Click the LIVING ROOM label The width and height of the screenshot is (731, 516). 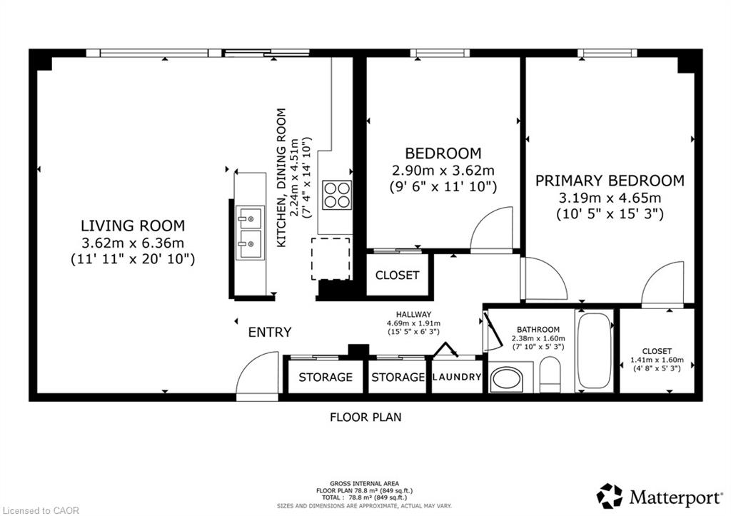[133, 226]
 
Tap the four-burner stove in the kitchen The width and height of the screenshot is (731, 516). [337, 194]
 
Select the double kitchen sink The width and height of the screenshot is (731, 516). [250, 232]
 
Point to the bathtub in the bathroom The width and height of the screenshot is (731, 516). [594, 351]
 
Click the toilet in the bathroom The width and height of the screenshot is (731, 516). [550, 375]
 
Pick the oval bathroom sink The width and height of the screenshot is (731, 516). [508, 379]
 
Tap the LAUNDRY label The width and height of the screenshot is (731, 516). [457, 377]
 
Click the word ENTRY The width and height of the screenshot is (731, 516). [270, 332]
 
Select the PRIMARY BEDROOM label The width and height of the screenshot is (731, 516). [610, 181]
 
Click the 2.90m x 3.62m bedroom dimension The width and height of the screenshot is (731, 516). [443, 170]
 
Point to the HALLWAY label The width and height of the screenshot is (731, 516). [413, 314]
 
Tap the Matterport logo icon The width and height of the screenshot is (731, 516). [610, 496]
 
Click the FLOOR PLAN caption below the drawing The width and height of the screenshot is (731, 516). [365, 417]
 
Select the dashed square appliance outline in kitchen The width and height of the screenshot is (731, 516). [331, 258]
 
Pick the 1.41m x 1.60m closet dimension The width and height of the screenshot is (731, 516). [657, 360]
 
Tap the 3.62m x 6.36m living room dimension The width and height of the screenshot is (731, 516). [133, 243]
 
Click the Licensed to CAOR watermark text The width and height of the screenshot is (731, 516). [40, 510]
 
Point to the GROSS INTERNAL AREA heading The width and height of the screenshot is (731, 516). [364, 484]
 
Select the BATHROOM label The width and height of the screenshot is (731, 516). [538, 330]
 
